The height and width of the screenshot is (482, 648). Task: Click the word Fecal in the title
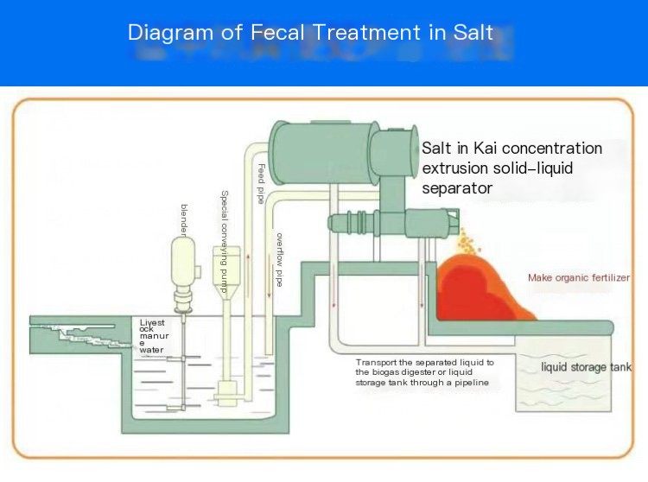277,32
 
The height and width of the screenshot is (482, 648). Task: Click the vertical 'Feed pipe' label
261,183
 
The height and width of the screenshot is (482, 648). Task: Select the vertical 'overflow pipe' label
280,260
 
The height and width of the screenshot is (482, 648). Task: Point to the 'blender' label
185,220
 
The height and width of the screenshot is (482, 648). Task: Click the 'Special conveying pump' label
225,242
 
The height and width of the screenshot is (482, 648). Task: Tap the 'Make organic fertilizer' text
579,277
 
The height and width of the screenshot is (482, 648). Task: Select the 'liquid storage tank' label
587,367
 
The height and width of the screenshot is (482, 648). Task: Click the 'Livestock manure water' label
154,336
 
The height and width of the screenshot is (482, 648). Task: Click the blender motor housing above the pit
183,261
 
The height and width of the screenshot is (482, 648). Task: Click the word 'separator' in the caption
457,188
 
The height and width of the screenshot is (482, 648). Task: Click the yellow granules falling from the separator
467,243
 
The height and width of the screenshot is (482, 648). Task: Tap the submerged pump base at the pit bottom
226,392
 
